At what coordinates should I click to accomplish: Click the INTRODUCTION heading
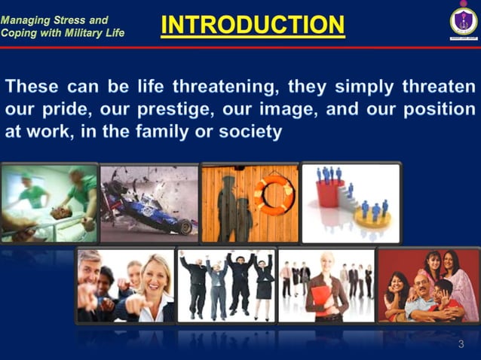253,25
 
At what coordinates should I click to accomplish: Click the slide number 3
461,344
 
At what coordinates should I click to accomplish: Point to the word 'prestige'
171,109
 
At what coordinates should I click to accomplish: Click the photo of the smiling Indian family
427,285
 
